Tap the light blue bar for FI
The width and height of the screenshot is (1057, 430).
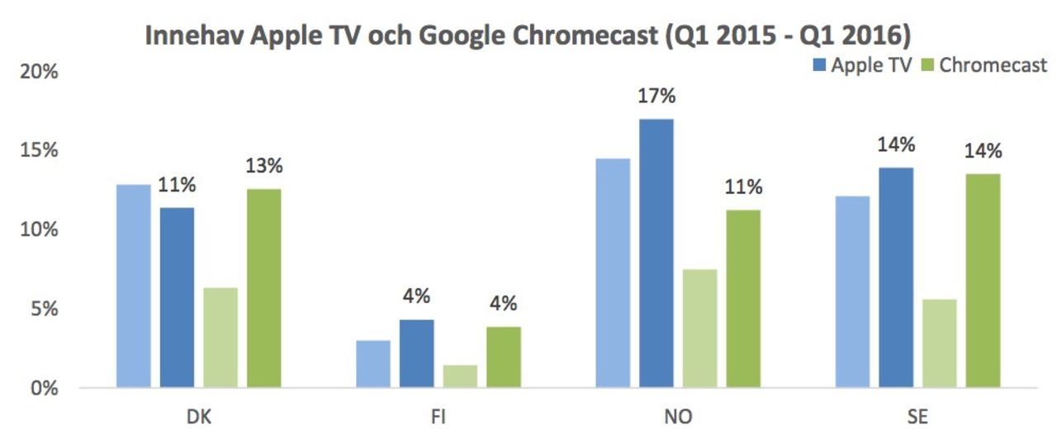pyautogui.click(x=373, y=364)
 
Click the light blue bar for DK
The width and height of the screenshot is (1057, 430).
pyautogui.click(x=134, y=286)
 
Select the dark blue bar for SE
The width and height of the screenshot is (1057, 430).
pyautogui.click(x=896, y=277)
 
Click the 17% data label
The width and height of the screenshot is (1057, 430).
pyautogui.click(x=656, y=97)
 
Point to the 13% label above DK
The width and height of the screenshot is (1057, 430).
pyautogui.click(x=263, y=166)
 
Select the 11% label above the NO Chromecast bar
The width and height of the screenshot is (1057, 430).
pyautogui.click(x=742, y=187)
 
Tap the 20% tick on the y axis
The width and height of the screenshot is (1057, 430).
pyautogui.click(x=39, y=72)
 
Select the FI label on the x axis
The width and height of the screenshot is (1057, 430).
pyautogui.click(x=438, y=417)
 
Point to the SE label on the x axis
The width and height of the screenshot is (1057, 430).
pyautogui.click(x=917, y=417)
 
